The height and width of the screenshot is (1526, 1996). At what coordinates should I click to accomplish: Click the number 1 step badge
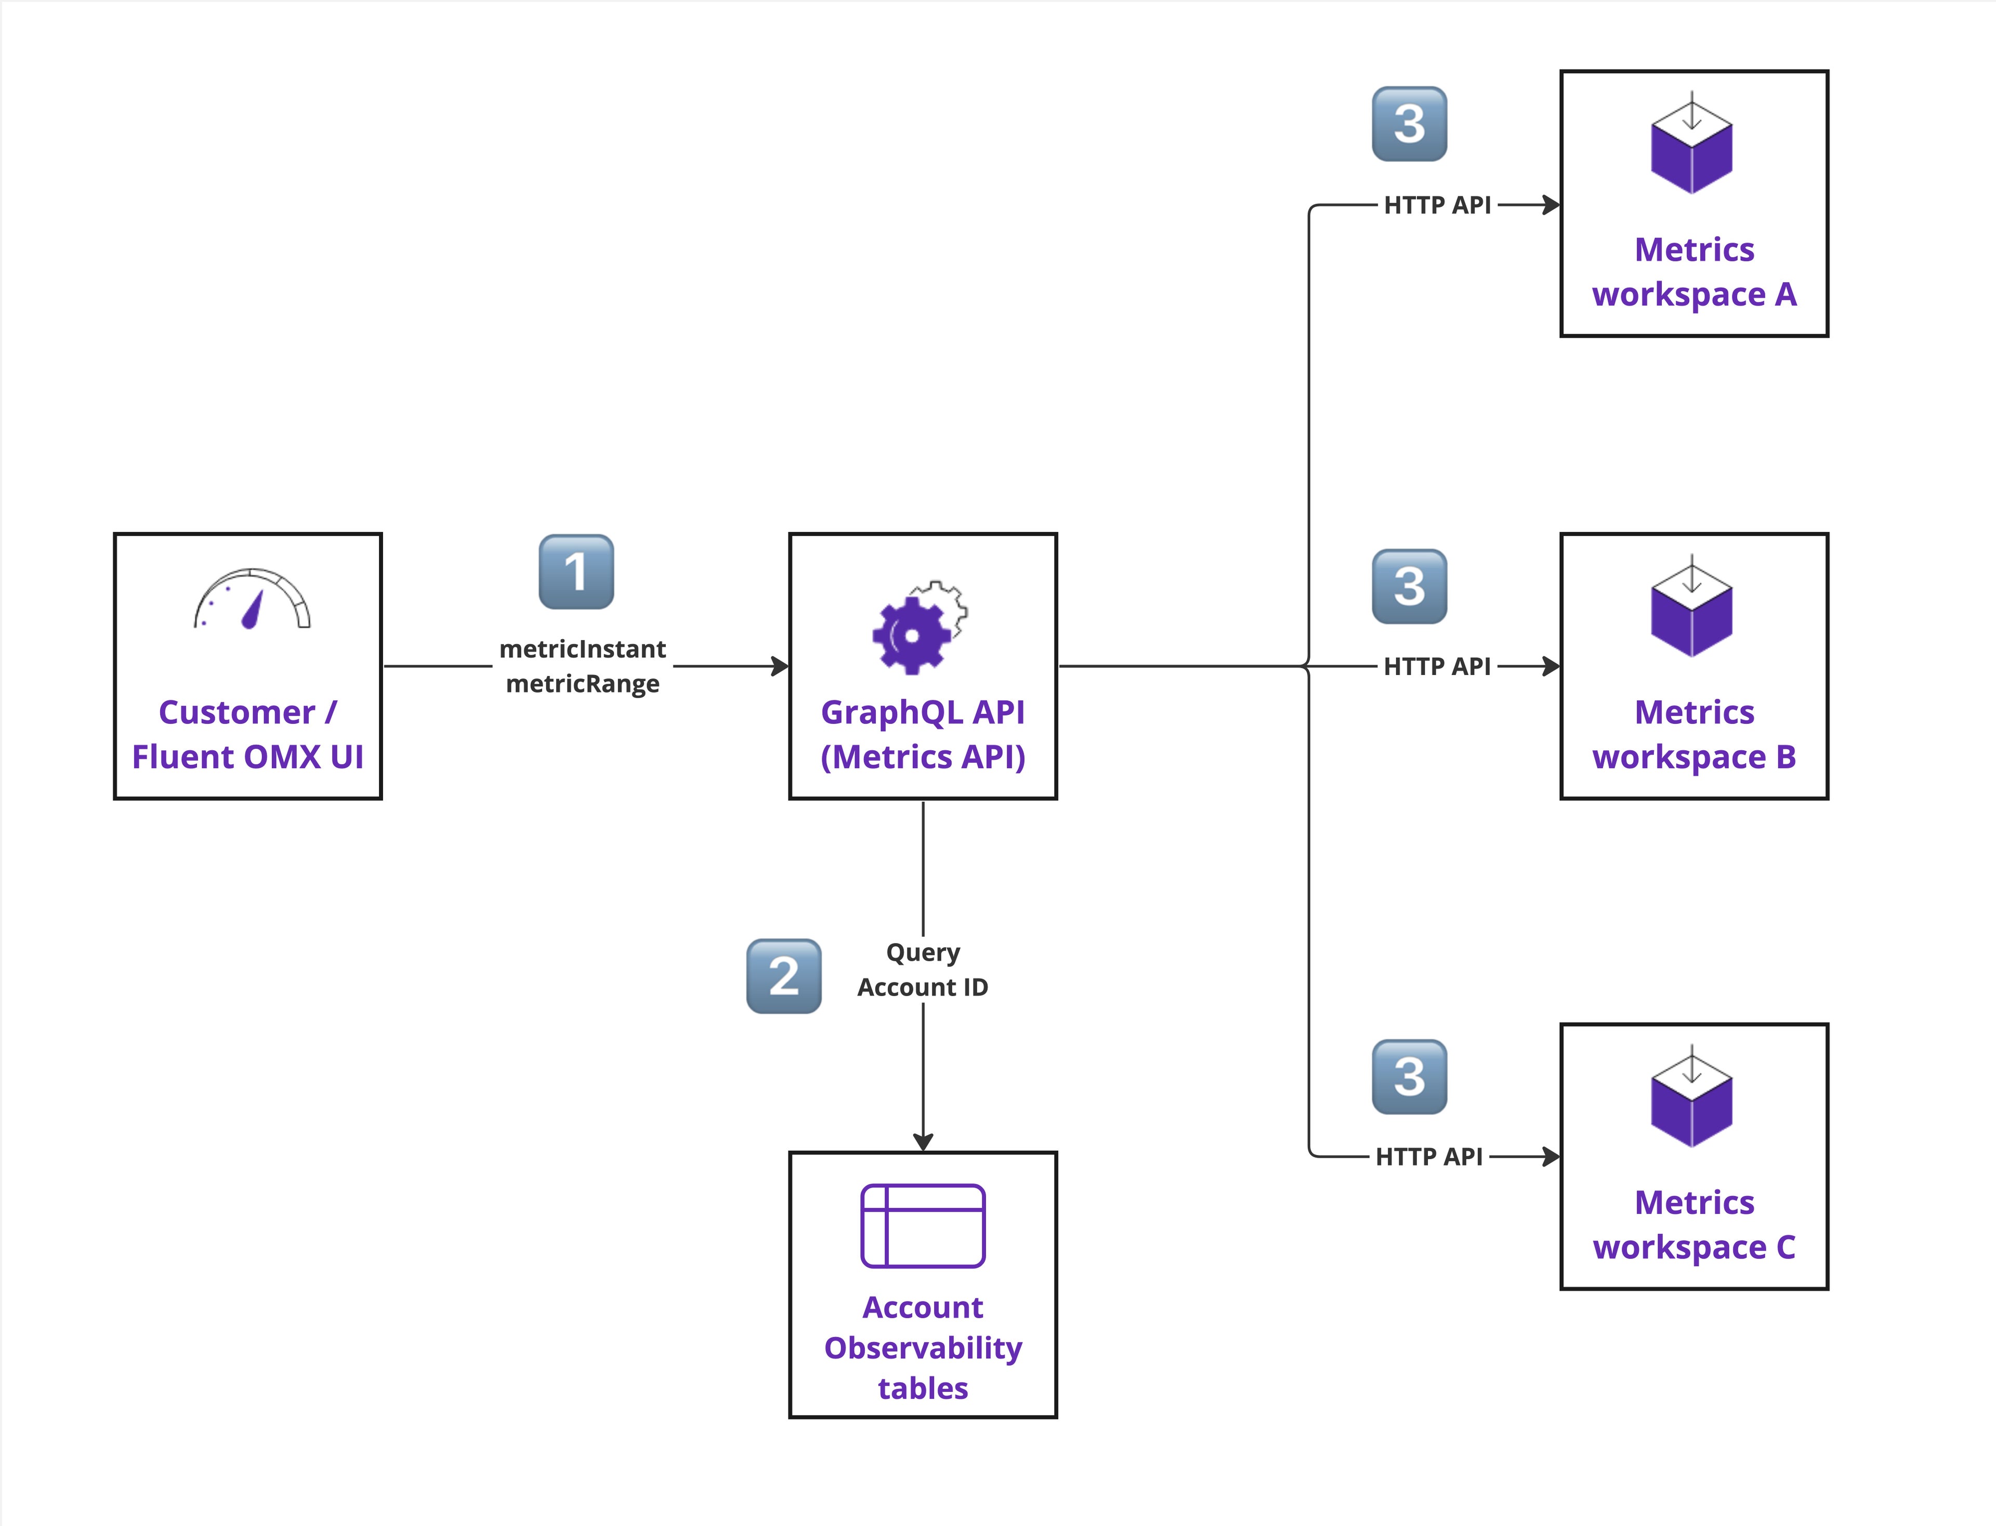[x=576, y=572]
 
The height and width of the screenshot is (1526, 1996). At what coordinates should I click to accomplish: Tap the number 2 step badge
[x=783, y=976]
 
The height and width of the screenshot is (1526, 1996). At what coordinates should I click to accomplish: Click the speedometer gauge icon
[x=252, y=600]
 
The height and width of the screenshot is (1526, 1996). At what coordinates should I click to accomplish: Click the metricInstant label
[x=582, y=648]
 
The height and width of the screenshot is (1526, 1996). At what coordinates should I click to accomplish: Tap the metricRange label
[x=582, y=683]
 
